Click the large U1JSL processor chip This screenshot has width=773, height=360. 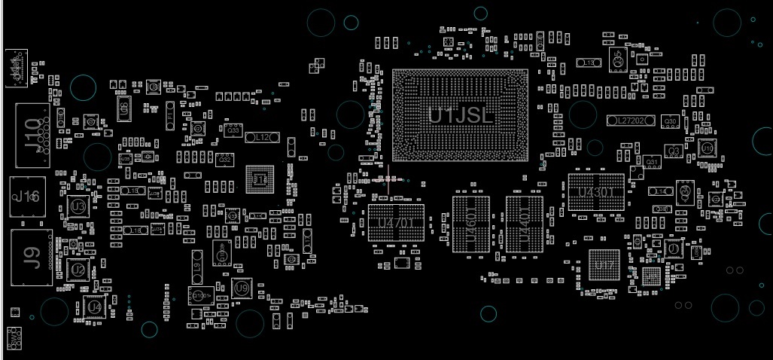[460, 115]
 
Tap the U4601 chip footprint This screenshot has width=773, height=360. [471, 224]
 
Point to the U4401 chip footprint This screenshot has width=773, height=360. [525, 224]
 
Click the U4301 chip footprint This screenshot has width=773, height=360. [596, 192]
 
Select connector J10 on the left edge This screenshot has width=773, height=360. [32, 134]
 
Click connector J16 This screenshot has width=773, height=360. [27, 197]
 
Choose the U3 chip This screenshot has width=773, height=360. [78, 206]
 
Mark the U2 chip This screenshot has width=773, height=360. [78, 269]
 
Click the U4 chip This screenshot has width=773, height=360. [94, 307]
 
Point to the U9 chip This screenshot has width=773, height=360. [241, 288]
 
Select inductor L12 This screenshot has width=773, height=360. [262, 138]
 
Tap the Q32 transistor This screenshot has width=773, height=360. [224, 160]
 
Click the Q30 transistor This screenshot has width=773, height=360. [670, 121]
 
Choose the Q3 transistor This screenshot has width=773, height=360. [674, 151]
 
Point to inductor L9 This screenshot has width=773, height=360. [197, 265]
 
